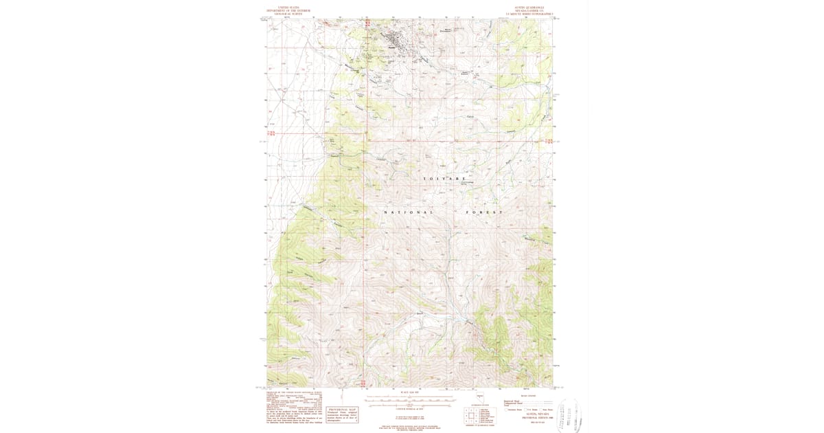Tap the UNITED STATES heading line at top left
coord(289,8)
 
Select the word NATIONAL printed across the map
coord(409,212)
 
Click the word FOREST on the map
coord(485,212)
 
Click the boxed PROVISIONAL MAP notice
coord(342,399)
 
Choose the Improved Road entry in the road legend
coord(514,400)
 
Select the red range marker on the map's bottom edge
coord(362,384)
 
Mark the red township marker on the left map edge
coord(271,133)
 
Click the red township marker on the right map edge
coord(549,142)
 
